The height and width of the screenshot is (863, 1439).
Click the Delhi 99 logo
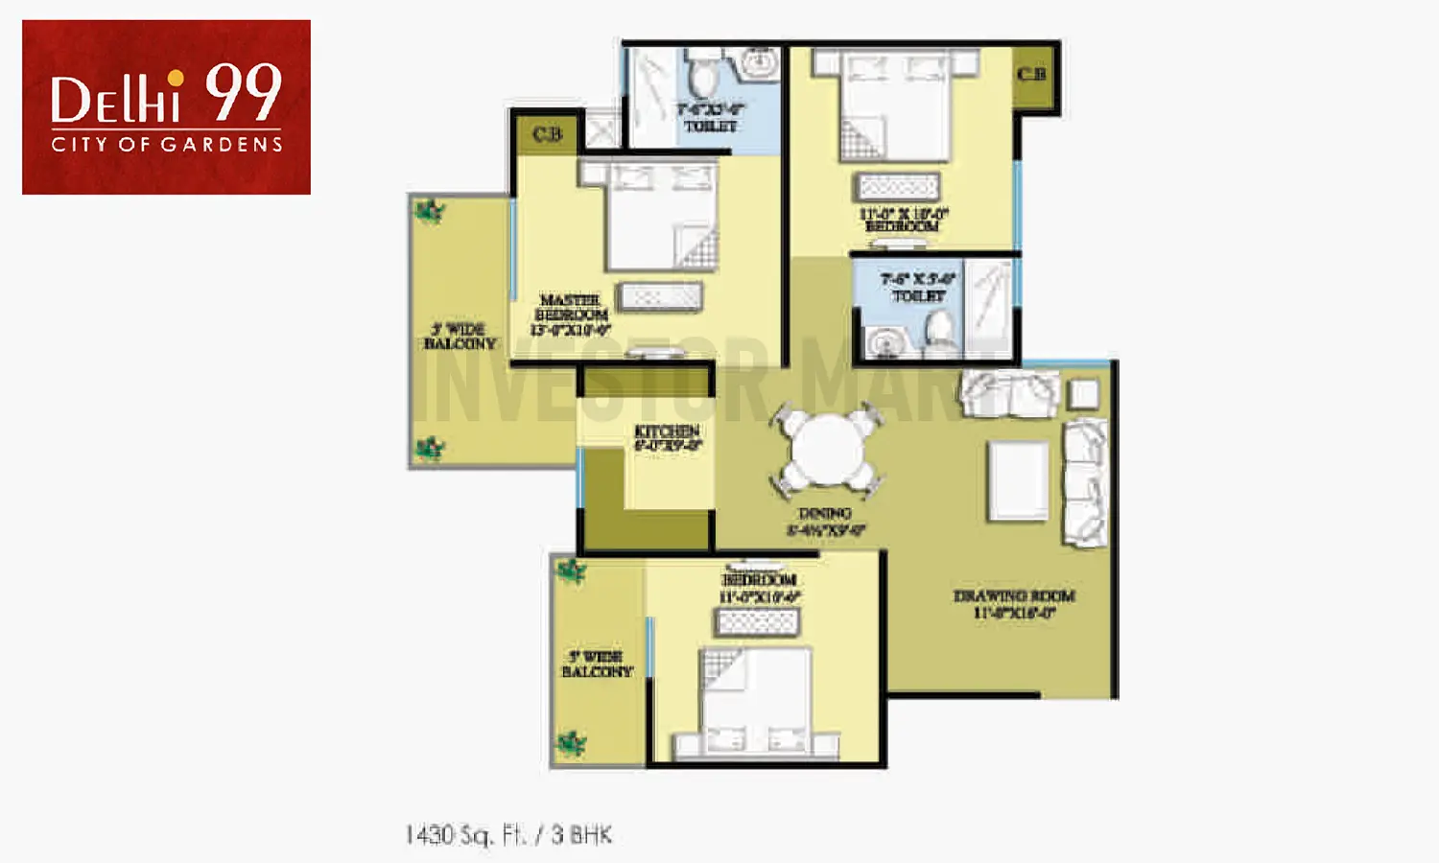[x=166, y=106]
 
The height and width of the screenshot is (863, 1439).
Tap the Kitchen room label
[x=667, y=437]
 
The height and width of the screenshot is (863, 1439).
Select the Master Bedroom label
[x=571, y=315]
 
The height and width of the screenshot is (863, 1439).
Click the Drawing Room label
[x=1014, y=604]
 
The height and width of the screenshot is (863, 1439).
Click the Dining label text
[x=825, y=521]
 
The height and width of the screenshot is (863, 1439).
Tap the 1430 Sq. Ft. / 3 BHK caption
[x=508, y=835]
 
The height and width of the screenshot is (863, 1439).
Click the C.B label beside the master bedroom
[x=547, y=134]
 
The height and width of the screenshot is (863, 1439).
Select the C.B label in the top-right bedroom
[x=1031, y=74]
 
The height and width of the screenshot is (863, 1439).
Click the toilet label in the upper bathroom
[x=710, y=118]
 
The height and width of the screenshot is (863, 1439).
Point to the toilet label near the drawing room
[x=918, y=288]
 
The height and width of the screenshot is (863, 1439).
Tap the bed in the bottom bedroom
[x=756, y=705]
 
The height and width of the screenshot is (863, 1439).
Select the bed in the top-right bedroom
[x=894, y=104]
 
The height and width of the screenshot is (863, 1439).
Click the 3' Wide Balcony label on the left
[x=460, y=337]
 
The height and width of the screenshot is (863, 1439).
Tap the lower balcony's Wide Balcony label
[x=597, y=664]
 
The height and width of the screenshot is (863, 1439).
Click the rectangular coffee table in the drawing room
[x=1019, y=479]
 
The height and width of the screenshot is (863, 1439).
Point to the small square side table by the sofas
[x=1083, y=393]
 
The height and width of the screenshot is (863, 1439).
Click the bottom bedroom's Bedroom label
[x=759, y=588]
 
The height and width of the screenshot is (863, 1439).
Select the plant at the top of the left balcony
[x=428, y=211]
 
